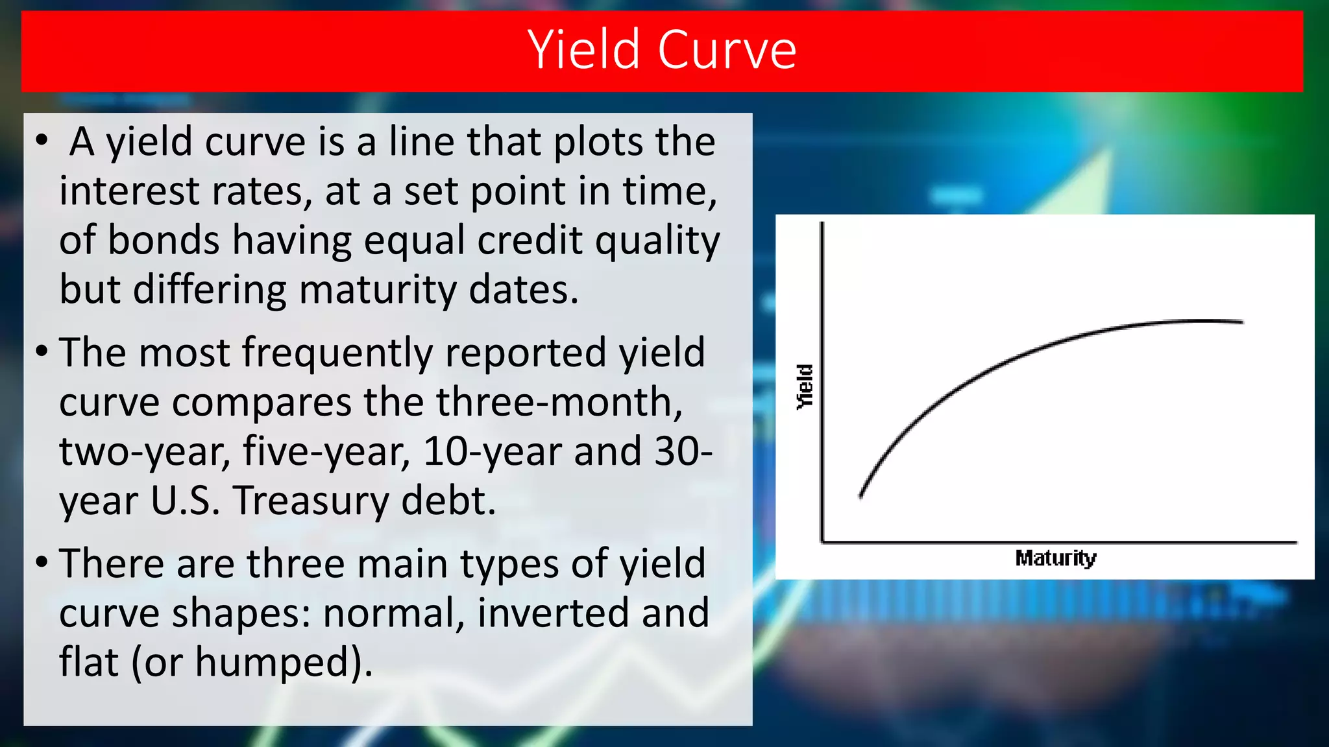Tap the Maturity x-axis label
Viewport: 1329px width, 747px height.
pyautogui.click(x=1055, y=558)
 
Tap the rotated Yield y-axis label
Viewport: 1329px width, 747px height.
pyautogui.click(x=805, y=387)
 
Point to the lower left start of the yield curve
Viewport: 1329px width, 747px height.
pyautogui.click(x=861, y=496)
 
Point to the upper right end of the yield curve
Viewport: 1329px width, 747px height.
pyautogui.click(x=1241, y=322)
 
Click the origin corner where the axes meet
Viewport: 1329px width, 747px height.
pyautogui.click(x=823, y=541)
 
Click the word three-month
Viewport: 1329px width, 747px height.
pyautogui.click(x=558, y=403)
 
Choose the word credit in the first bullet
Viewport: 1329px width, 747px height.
pyautogui.click(x=530, y=241)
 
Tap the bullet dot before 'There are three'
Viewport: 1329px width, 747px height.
pyautogui.click(x=42, y=562)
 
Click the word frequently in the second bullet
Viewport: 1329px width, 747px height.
pyautogui.click(x=337, y=353)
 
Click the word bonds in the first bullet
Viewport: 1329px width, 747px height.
pyautogui.click(x=163, y=241)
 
